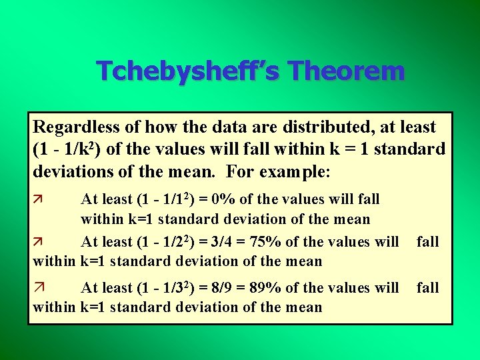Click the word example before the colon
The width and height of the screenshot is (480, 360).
[291, 171]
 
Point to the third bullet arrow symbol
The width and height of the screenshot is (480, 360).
[37, 288]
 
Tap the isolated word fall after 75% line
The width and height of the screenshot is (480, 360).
[427, 242]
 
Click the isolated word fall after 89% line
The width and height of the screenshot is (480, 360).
[427, 287]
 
